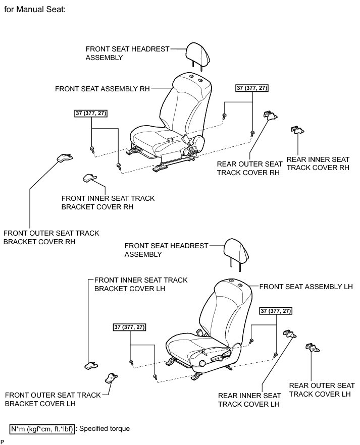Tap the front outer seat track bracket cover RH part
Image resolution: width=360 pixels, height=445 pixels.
tap(64, 158)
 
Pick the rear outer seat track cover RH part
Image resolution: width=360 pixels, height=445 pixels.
tap(270, 116)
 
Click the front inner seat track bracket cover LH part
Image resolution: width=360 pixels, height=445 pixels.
tap(91, 364)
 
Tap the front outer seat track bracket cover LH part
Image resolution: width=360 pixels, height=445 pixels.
tap(112, 378)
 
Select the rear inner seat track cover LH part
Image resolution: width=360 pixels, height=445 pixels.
tap(290, 333)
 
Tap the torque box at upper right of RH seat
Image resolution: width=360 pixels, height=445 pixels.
tap(252, 88)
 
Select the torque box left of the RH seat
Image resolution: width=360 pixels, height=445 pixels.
tap(91, 113)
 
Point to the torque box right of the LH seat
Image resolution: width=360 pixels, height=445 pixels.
tap(276, 311)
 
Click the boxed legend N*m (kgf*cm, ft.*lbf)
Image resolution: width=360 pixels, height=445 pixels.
tap(42, 429)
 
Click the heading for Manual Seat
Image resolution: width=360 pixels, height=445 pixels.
tap(35, 9)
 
